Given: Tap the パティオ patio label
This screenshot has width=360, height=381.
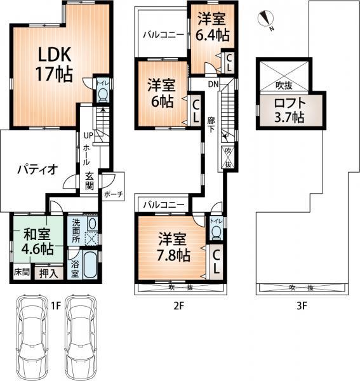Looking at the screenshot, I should coord(37,170).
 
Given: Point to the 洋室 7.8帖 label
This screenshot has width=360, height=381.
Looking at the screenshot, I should coord(173,247).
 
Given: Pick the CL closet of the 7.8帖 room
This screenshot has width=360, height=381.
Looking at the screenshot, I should coord(215,261).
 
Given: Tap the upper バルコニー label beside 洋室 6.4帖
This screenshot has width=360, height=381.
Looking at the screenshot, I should coord(163,36).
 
